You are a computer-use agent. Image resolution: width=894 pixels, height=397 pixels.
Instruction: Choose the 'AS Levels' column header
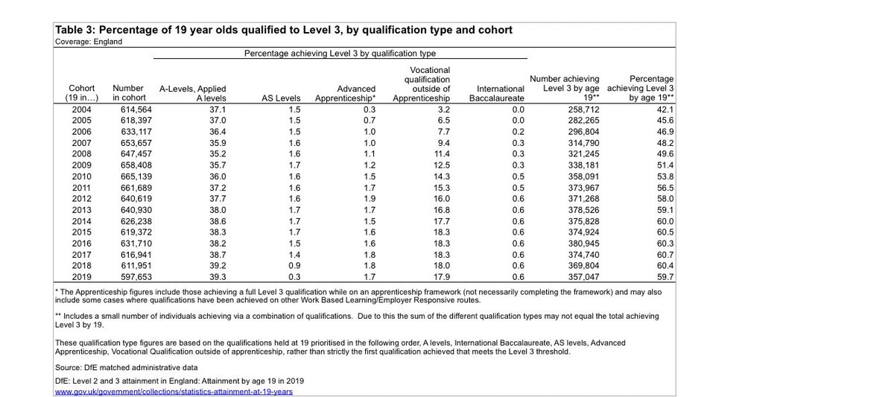pos(282,97)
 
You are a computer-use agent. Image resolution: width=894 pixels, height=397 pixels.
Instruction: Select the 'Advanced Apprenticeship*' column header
pos(346,92)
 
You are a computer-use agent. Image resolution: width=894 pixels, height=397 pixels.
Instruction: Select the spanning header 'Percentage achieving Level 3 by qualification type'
pos(340,54)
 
